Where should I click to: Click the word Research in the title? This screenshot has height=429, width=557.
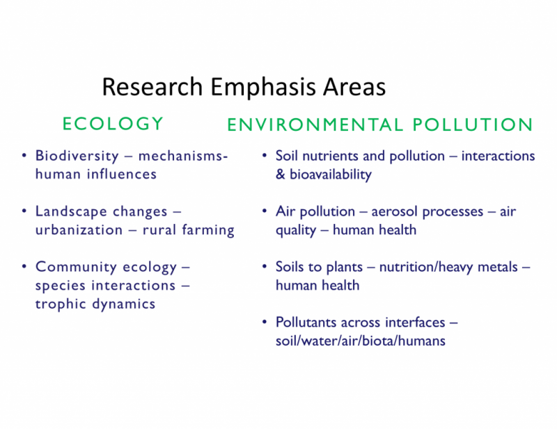coord(152,87)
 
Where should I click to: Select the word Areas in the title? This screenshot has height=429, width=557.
coord(354,87)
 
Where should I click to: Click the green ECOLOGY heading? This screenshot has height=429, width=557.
coord(113,124)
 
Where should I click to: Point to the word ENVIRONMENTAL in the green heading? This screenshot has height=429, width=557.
coord(315,124)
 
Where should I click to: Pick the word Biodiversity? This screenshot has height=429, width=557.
coord(77,156)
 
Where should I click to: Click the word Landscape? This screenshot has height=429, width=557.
coord(71,212)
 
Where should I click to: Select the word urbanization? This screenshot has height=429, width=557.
coord(79,230)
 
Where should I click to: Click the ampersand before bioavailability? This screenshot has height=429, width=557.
coord(281,175)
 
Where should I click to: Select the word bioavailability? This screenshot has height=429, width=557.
coord(331,175)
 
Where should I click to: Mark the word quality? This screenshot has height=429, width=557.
coord(296,231)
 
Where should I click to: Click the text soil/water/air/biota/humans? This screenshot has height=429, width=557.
coord(360,341)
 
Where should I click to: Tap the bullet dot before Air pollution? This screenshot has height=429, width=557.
coord(265,211)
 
